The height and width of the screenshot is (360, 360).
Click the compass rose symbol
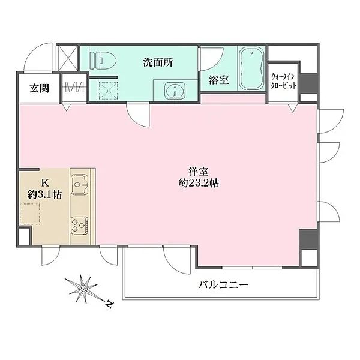pyautogui.click(x=85, y=289)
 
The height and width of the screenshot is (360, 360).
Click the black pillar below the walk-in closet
pyautogui.click(x=308, y=82)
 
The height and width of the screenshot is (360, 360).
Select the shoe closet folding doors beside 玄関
pyautogui.click(x=74, y=87)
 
